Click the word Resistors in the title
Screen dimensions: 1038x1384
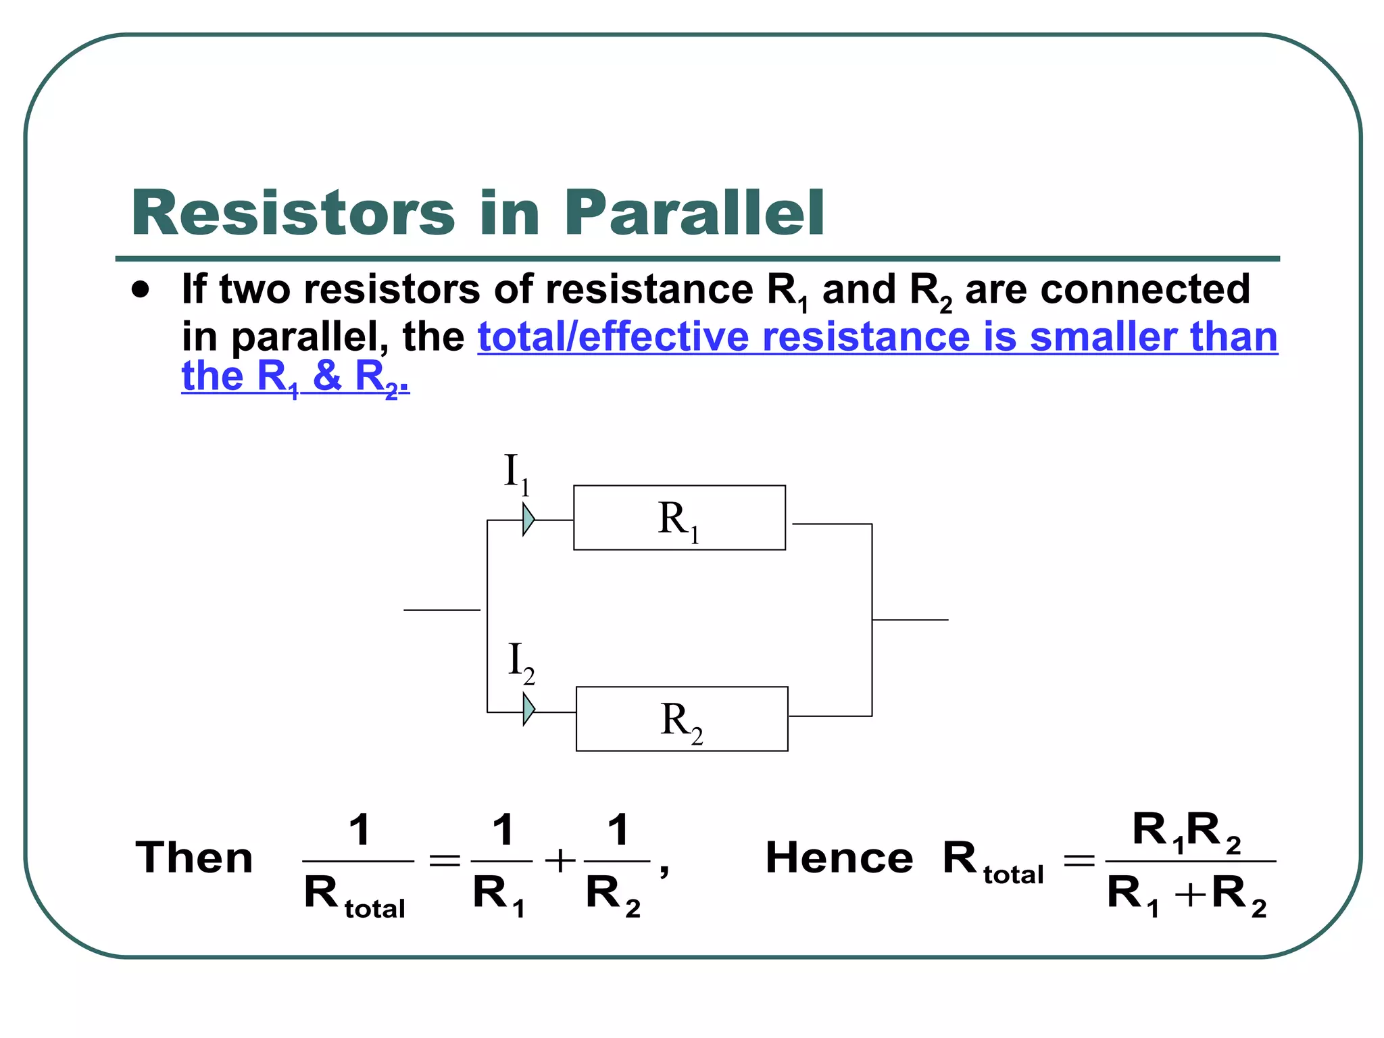click(x=293, y=213)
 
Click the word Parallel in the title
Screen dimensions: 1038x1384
click(x=695, y=213)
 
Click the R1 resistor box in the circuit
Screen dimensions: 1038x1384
click(x=679, y=518)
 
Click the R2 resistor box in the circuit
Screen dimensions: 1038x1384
click(x=681, y=719)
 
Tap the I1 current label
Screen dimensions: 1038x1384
click(x=517, y=473)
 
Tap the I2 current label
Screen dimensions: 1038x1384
click(x=520, y=663)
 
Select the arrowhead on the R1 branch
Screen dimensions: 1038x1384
click(x=528, y=520)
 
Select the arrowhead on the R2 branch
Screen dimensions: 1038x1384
click(x=529, y=710)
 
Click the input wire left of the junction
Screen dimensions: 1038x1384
click(x=441, y=610)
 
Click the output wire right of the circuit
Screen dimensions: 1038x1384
click(x=910, y=620)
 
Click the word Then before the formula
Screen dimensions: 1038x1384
click(x=195, y=858)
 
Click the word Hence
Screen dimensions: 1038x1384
click(x=839, y=858)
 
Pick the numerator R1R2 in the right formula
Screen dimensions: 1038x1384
click(x=1186, y=831)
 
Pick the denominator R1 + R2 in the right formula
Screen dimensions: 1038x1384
click(x=1186, y=895)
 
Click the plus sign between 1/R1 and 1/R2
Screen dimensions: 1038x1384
click(x=560, y=862)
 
